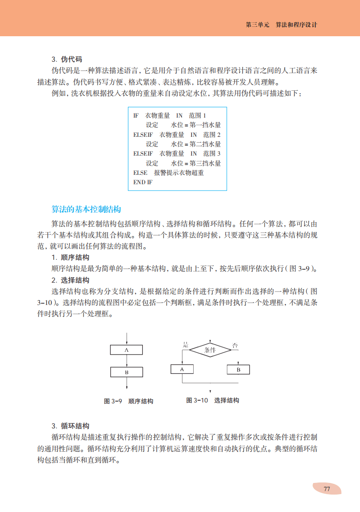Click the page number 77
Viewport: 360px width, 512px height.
(x=326, y=489)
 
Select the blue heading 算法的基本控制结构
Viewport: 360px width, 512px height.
(x=86, y=209)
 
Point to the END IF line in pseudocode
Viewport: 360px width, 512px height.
(x=143, y=182)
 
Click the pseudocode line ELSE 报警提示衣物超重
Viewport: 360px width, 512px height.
(x=169, y=173)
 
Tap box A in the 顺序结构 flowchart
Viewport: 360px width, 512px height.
(x=127, y=350)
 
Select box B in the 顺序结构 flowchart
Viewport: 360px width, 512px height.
(x=127, y=372)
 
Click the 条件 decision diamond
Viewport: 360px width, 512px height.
(x=210, y=350)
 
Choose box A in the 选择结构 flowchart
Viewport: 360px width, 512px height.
(x=182, y=369)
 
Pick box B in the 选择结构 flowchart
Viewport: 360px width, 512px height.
(x=238, y=369)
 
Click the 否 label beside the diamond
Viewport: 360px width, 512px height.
(x=235, y=345)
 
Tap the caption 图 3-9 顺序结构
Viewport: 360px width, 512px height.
(x=128, y=401)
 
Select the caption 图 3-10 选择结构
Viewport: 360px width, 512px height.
(x=212, y=400)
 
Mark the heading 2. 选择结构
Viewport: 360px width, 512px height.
(x=70, y=280)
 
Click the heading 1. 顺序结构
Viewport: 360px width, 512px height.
(x=70, y=258)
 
